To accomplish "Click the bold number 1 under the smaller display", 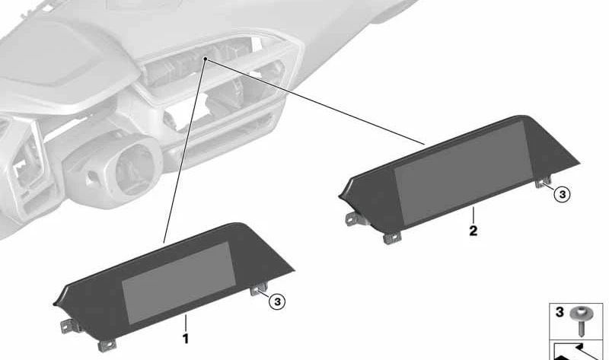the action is click(x=186, y=339).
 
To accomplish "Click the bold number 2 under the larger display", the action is click(x=473, y=231).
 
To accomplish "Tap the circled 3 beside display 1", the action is click(x=277, y=301).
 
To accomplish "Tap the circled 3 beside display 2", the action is click(x=563, y=194).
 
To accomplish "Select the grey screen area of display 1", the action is click(x=179, y=282).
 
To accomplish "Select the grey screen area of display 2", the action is click(x=463, y=172).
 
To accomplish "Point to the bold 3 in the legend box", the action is click(x=560, y=312).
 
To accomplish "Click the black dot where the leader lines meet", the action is click(x=206, y=59).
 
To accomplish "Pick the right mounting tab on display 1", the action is click(x=259, y=290).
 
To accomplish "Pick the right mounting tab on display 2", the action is click(x=543, y=182).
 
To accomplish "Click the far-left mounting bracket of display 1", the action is click(x=68, y=327).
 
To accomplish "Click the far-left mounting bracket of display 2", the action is click(x=353, y=218).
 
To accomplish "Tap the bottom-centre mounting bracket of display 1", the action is click(x=107, y=345).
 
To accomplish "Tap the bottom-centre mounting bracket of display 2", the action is click(x=392, y=237).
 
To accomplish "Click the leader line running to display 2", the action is click(x=315, y=102).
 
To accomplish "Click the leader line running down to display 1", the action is click(x=185, y=151).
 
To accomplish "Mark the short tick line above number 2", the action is click(x=473, y=215).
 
